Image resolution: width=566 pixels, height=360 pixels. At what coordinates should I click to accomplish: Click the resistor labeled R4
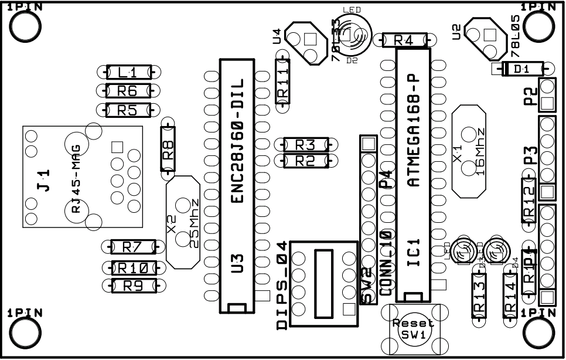click(x=405, y=40)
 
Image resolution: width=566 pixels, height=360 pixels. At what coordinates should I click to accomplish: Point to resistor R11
click(x=283, y=82)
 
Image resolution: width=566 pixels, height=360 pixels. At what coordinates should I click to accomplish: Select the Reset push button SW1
click(x=413, y=328)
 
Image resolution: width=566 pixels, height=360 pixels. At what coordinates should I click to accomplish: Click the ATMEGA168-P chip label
click(x=414, y=129)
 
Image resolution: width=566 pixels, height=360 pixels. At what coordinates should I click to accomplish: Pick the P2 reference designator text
click(x=530, y=96)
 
